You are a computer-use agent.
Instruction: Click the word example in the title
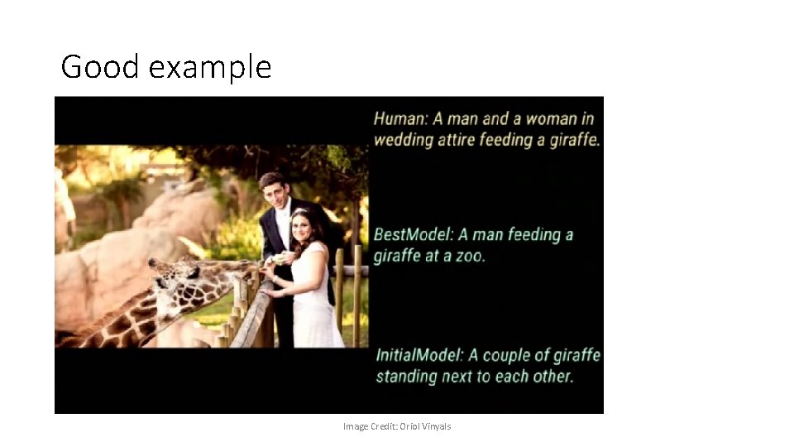[x=210, y=68]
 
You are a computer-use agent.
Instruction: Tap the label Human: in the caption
[x=400, y=118]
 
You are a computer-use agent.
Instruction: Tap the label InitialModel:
[x=419, y=355]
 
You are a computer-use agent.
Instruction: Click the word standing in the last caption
[x=407, y=377]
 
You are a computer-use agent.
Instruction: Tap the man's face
[x=273, y=193]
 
